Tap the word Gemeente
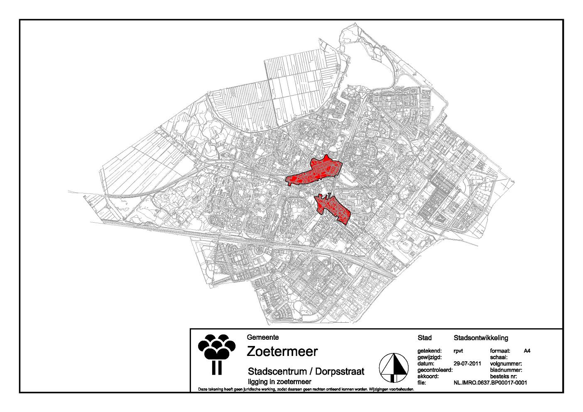tap(262, 337)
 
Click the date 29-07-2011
tap(467, 363)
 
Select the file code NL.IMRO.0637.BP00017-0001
tap(490, 383)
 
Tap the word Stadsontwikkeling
tap(481, 338)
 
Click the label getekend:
tap(429, 351)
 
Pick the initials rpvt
tap(459, 351)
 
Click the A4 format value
tap(527, 351)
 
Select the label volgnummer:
tap(503, 363)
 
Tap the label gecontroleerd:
tap(434, 370)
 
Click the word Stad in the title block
tap(424, 338)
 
